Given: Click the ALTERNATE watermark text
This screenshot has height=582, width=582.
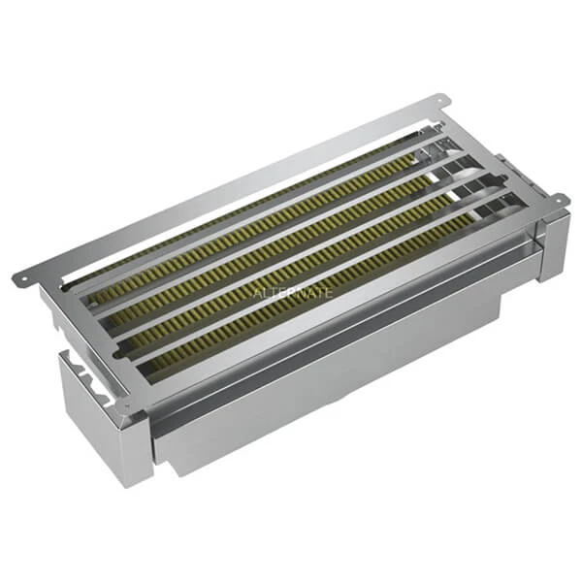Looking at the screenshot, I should [292, 290].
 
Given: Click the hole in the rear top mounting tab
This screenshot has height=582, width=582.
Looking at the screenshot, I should [440, 98].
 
